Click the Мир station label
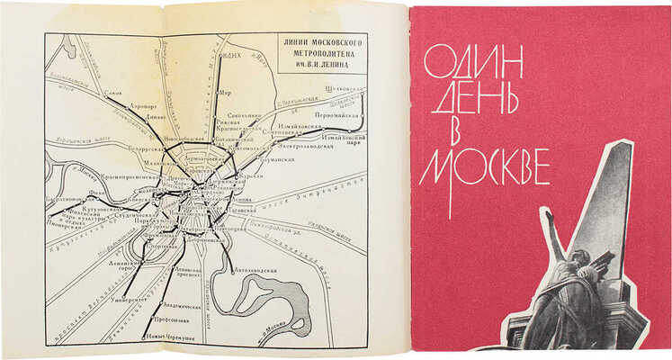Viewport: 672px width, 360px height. [226, 91]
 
